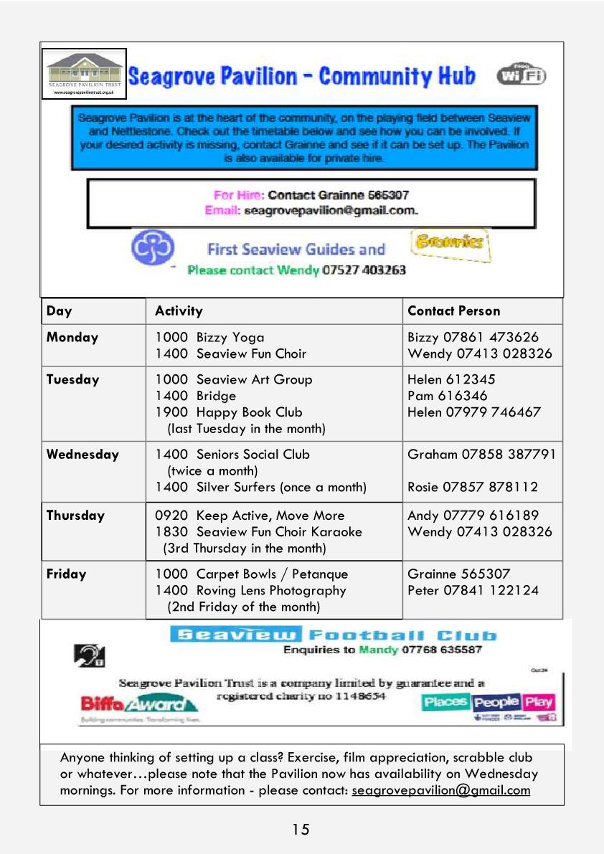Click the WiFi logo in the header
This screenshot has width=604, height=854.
click(521, 75)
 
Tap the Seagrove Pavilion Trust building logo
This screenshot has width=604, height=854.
click(85, 74)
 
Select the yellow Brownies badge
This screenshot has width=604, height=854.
click(451, 245)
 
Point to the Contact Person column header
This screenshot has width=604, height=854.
click(453, 311)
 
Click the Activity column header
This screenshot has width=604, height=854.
click(179, 311)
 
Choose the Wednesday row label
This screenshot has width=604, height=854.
click(82, 455)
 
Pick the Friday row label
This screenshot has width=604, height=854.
click(66, 574)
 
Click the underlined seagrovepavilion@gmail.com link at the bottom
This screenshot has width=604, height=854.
click(440, 790)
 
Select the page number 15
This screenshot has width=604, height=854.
click(301, 830)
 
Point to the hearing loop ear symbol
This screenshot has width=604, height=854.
click(90, 653)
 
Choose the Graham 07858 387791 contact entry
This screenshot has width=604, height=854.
click(481, 455)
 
